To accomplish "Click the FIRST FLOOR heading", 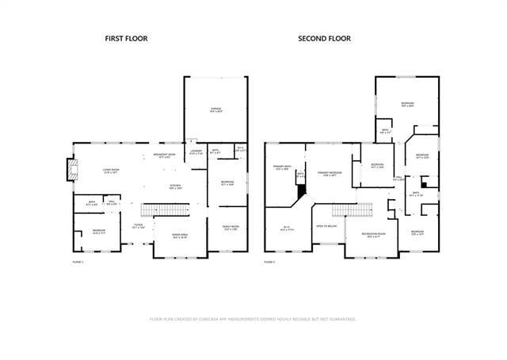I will pyautogui.click(x=127, y=38).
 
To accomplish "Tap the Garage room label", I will pyautogui.click(x=215, y=109).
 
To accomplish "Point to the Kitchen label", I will pyautogui.click(x=175, y=187).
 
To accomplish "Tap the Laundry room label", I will pyautogui.click(x=196, y=152).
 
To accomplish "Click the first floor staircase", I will pyautogui.click(x=167, y=209).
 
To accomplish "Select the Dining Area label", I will pyautogui.click(x=180, y=236).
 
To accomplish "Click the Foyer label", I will pyautogui.click(x=138, y=226).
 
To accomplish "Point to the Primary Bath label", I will pyautogui.click(x=282, y=167).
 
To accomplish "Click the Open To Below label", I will pyautogui.click(x=326, y=226).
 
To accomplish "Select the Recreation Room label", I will pyautogui.click(x=373, y=234).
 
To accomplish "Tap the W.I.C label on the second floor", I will pyautogui.click(x=287, y=228).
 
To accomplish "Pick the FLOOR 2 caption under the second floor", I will pyautogui.click(x=269, y=261).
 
